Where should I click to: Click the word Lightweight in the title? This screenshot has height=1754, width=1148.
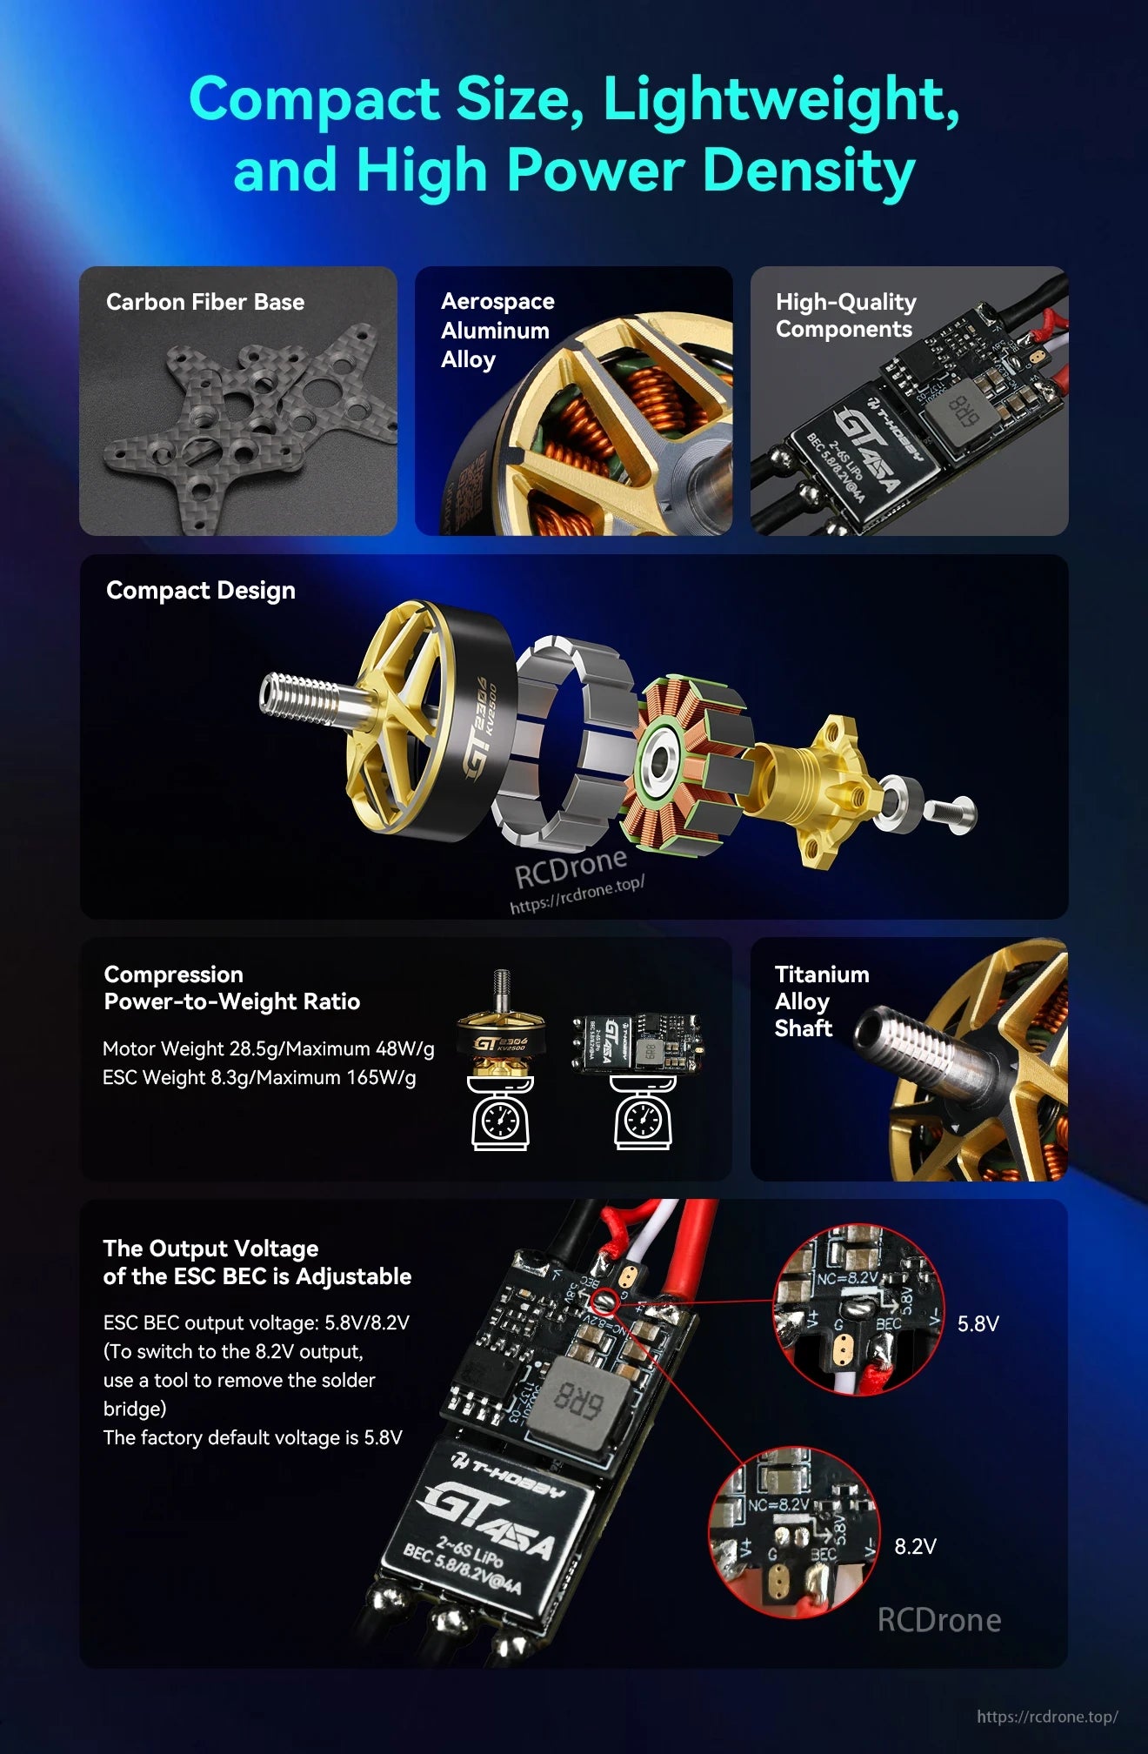coord(779,99)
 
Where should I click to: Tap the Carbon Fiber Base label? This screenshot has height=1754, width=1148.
coord(205,302)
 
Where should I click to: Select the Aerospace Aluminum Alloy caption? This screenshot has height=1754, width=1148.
coord(497,330)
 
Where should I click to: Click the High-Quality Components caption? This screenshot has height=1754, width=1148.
coord(845,315)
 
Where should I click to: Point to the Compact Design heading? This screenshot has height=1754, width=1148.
coord(201,590)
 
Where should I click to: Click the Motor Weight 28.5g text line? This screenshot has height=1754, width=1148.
coord(268,1048)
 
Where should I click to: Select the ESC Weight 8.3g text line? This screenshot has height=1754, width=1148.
coord(259,1077)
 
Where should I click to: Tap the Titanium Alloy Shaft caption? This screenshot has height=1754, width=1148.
coord(821,1001)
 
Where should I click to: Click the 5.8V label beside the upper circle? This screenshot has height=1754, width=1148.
coord(978,1324)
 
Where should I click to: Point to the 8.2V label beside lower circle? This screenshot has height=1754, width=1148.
coord(915,1546)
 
